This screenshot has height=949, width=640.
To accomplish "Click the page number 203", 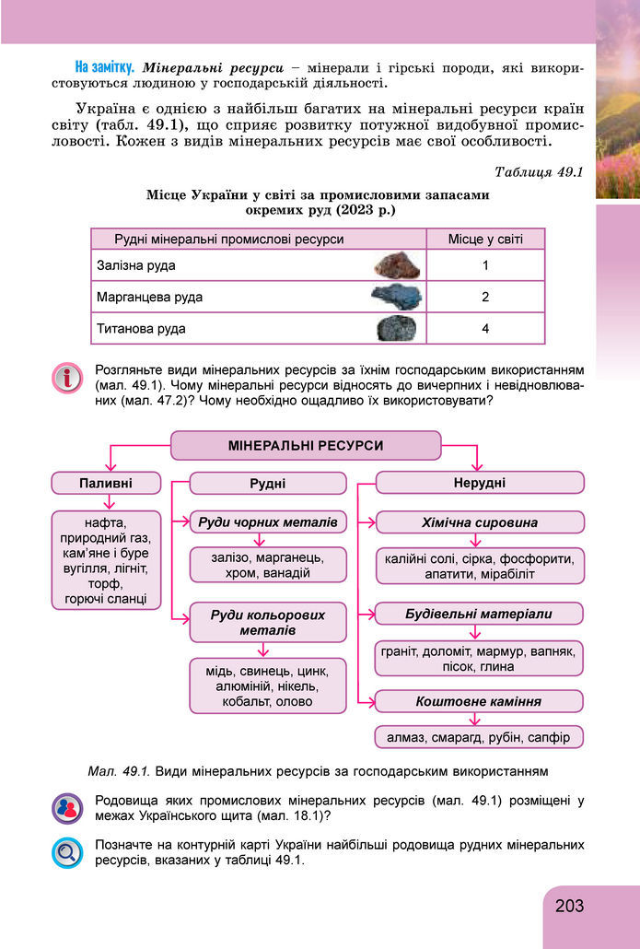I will pyautogui.click(x=570, y=906).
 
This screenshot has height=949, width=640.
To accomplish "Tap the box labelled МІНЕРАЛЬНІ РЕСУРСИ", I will pyautogui.click(x=305, y=446).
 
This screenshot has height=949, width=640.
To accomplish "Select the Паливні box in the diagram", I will pyautogui.click(x=106, y=483).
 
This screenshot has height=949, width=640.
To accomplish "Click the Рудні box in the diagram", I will pyautogui.click(x=267, y=483).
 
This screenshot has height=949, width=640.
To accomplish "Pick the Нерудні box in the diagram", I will pyautogui.click(x=479, y=483).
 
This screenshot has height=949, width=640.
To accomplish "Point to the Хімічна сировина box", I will pyautogui.click(x=479, y=522).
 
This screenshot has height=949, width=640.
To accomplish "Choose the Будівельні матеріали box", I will pyautogui.click(x=479, y=614).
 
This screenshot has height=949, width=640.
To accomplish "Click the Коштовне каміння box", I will pyautogui.click(x=479, y=701).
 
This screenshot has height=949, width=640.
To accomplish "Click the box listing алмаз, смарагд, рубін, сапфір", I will pyautogui.click(x=479, y=737).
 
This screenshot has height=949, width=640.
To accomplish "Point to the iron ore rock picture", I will pyautogui.click(x=398, y=266).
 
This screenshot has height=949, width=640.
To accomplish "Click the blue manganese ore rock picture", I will pyautogui.click(x=396, y=298).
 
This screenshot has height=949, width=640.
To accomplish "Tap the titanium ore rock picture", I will pyautogui.click(x=398, y=329).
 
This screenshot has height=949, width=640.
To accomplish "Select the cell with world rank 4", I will pyautogui.click(x=484, y=329).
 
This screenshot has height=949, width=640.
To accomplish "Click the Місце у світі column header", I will pyautogui.click(x=484, y=240).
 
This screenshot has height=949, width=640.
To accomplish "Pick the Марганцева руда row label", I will pyautogui.click(x=150, y=298).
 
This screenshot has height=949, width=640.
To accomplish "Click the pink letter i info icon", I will pyautogui.click(x=67, y=378).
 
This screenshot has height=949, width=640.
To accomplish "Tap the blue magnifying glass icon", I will pyautogui.click(x=67, y=851).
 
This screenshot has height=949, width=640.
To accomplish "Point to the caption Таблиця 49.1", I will pyautogui.click(x=539, y=172).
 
